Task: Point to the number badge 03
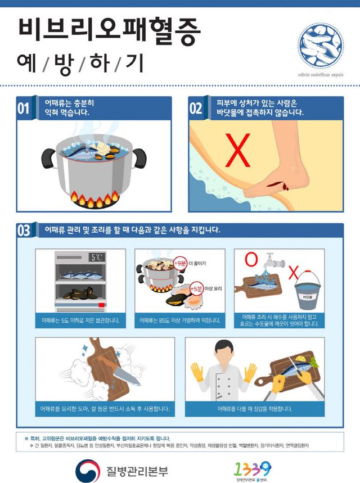[24, 231]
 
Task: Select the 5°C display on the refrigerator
[97, 258]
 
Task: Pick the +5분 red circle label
[196, 289]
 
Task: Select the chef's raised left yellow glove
[197, 372]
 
